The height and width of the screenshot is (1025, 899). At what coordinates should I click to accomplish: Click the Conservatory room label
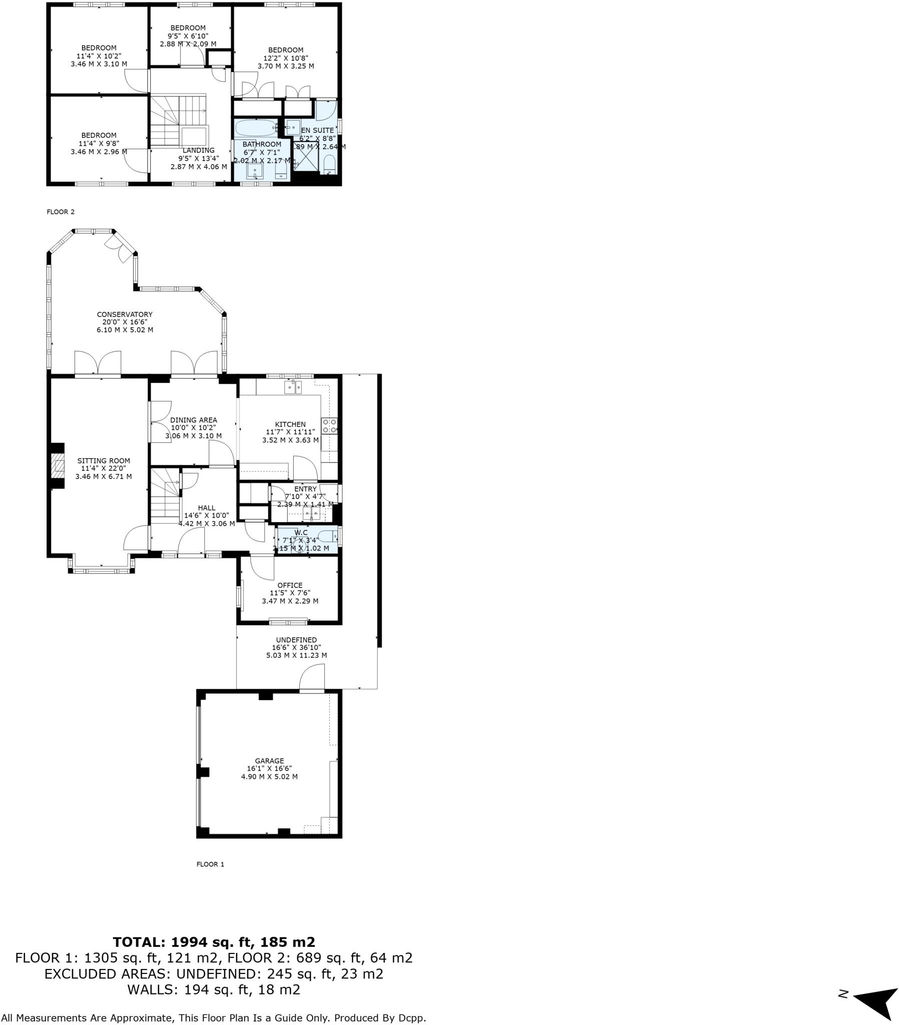tap(125, 314)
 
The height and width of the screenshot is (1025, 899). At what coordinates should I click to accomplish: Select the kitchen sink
tap(293, 387)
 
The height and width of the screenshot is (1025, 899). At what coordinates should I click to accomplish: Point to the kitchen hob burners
tap(329, 426)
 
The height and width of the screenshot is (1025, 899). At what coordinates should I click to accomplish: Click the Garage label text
tap(269, 761)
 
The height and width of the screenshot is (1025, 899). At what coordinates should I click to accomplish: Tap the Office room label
tap(290, 585)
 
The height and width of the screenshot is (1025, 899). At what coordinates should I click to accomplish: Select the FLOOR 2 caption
tap(61, 212)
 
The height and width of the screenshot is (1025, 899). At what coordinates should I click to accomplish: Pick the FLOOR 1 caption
tap(210, 864)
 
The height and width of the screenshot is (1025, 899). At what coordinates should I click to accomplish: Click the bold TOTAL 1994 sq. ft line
tap(214, 942)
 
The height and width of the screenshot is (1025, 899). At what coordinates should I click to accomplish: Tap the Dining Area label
tap(194, 420)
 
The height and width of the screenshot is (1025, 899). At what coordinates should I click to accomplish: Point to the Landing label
tap(199, 151)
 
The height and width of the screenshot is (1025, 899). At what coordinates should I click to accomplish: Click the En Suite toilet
tap(329, 165)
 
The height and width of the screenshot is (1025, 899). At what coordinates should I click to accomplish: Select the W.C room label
tap(301, 533)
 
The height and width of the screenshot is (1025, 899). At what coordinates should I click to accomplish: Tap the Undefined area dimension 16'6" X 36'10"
tap(296, 648)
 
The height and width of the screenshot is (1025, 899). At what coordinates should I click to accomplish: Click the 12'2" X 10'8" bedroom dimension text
tap(286, 58)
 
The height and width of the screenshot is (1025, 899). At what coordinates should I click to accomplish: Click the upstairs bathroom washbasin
tap(255, 172)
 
